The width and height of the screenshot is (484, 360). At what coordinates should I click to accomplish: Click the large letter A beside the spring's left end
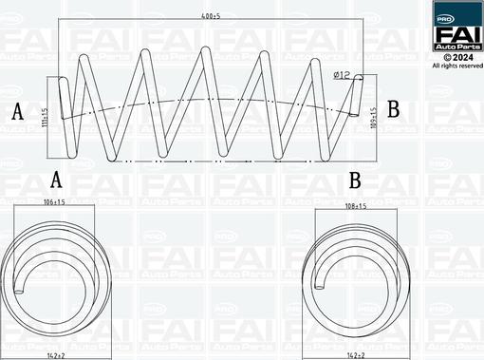[17, 112]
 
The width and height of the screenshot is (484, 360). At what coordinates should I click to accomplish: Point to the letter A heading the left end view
[56, 179]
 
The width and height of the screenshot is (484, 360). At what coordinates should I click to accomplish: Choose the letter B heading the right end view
[355, 179]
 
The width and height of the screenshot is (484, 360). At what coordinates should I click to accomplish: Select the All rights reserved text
[456, 66]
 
